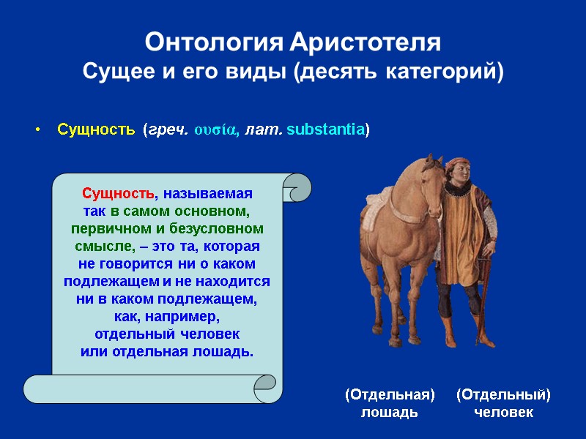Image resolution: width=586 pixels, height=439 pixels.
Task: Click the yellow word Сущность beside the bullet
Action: pos(96,130)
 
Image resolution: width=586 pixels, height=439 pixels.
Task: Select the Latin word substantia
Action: pos(326,130)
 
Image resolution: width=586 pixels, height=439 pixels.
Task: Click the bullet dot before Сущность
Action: pos(38,131)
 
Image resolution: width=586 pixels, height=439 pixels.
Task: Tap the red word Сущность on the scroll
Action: pos(118,194)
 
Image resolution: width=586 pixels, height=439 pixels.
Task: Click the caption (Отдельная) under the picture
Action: pos(390,395)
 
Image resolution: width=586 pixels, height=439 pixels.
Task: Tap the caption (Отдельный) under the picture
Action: pos(503,395)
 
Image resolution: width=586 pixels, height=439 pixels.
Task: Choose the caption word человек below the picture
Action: pos(503,413)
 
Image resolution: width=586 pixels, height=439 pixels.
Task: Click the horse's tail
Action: pos(364,234)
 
